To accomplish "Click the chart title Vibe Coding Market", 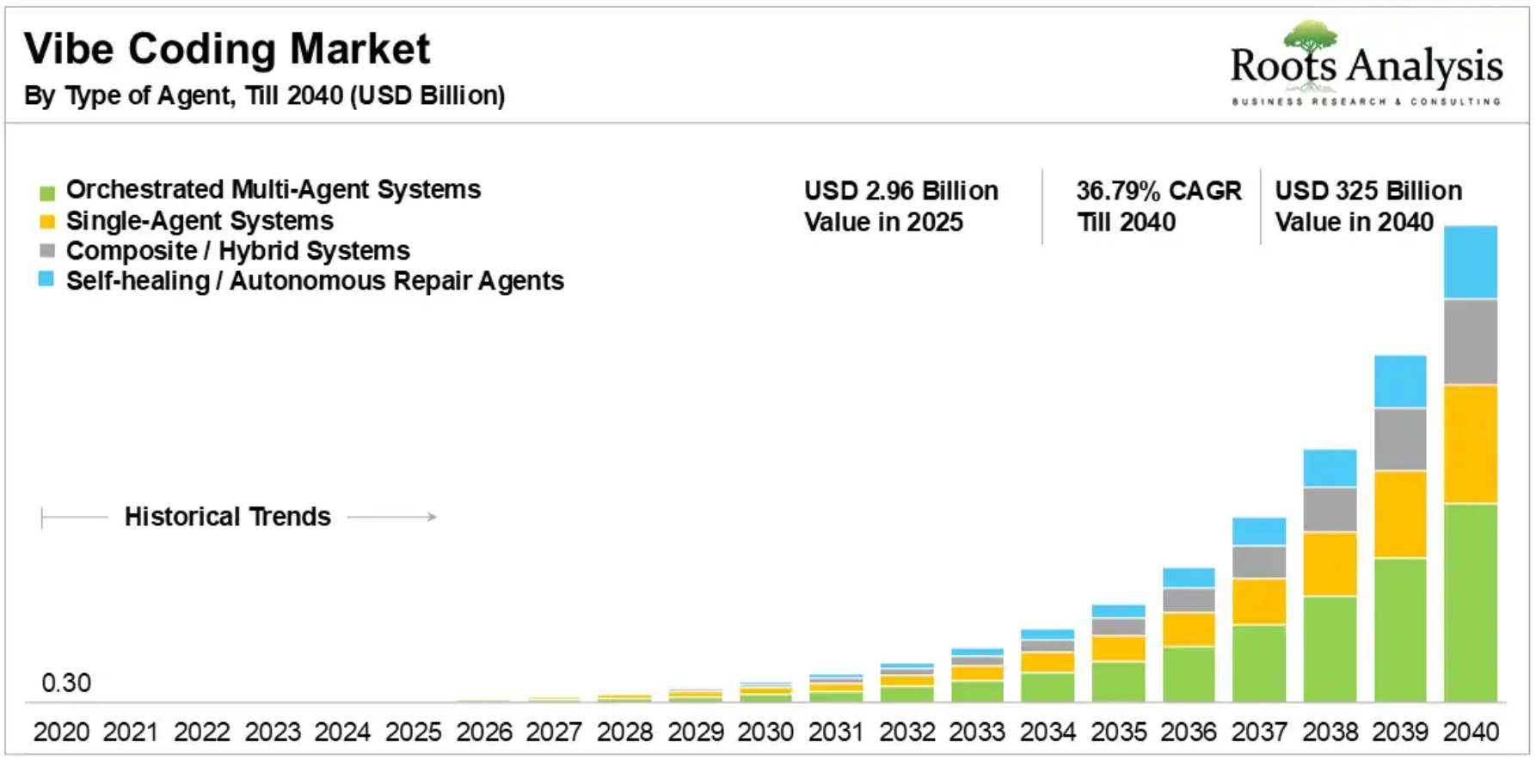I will pyautogui.click(x=227, y=49).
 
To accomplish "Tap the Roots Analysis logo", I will pyautogui.click(x=1366, y=65).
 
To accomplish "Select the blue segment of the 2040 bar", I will pyautogui.click(x=1470, y=262).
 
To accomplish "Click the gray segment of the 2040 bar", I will pyautogui.click(x=1470, y=341).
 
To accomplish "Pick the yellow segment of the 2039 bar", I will pyautogui.click(x=1400, y=514).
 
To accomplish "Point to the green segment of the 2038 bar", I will pyautogui.click(x=1330, y=649).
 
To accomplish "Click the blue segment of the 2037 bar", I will pyautogui.click(x=1259, y=531).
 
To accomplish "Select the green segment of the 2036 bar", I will pyautogui.click(x=1189, y=674).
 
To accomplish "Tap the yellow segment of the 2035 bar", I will pyautogui.click(x=1118, y=648).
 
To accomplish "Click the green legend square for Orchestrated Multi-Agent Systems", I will pyautogui.click(x=47, y=192).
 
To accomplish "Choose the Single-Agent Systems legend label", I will pyautogui.click(x=200, y=221).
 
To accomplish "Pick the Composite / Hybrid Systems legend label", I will pyautogui.click(x=238, y=251).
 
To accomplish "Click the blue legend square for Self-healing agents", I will pyautogui.click(x=46, y=279).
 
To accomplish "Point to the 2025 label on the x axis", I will pyautogui.click(x=413, y=732).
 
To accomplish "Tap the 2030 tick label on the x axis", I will pyautogui.click(x=765, y=732).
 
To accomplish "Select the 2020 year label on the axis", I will pyautogui.click(x=61, y=732).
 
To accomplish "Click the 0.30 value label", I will pyautogui.click(x=66, y=683).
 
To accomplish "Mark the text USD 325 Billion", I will pyautogui.click(x=1368, y=190).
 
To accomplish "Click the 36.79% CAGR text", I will pyautogui.click(x=1158, y=190).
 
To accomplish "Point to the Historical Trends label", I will pyautogui.click(x=227, y=517).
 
